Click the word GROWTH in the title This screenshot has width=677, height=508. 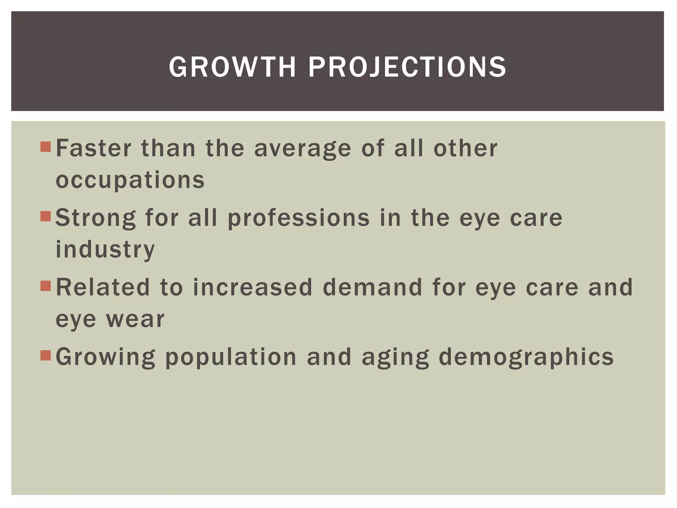232,67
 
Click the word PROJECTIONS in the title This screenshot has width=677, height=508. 407,67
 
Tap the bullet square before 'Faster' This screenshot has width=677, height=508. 46,147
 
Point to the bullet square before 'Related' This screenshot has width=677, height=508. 46,286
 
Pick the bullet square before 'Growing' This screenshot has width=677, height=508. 46,356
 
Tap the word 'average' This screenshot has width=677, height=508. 302,148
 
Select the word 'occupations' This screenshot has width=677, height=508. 130,180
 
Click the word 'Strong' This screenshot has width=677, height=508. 96,218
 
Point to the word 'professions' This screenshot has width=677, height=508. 299,218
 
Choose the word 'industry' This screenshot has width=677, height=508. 105,249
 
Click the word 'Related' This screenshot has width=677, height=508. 103,287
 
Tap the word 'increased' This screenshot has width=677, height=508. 253,287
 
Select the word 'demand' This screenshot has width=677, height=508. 373,287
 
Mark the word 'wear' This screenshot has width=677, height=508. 135,319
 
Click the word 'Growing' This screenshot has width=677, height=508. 105,357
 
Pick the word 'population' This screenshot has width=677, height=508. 231,357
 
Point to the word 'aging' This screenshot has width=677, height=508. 395,357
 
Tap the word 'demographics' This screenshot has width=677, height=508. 526,357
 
